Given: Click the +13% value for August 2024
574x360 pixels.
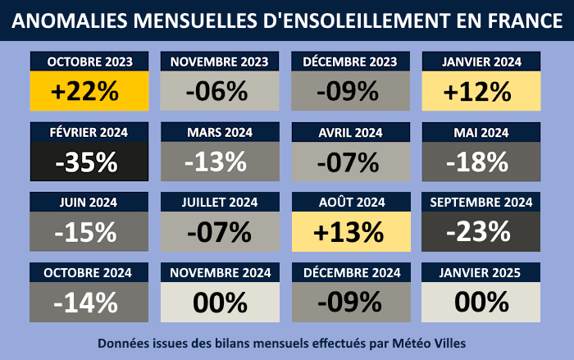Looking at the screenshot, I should pos(350,232).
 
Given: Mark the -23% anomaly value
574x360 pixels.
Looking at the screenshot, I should pos(481,232).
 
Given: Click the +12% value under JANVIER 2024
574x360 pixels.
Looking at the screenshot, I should pos(481,92).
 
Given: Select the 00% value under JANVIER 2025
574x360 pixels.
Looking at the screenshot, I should pos(481,303).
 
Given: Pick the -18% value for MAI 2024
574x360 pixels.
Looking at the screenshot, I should pos(481,162).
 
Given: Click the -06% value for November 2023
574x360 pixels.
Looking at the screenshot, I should pos(219,92).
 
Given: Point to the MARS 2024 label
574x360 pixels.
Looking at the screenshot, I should pos(219,132).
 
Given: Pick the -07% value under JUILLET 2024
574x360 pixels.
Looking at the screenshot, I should pos(219,232).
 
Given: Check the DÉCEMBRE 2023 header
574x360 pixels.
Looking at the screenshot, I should pos(350,62).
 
